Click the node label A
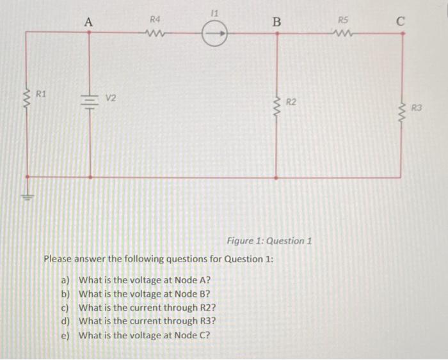pos(88,22)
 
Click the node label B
pos(276,22)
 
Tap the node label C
pos(401,22)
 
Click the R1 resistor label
pos(42,95)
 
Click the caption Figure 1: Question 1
pos(269,241)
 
